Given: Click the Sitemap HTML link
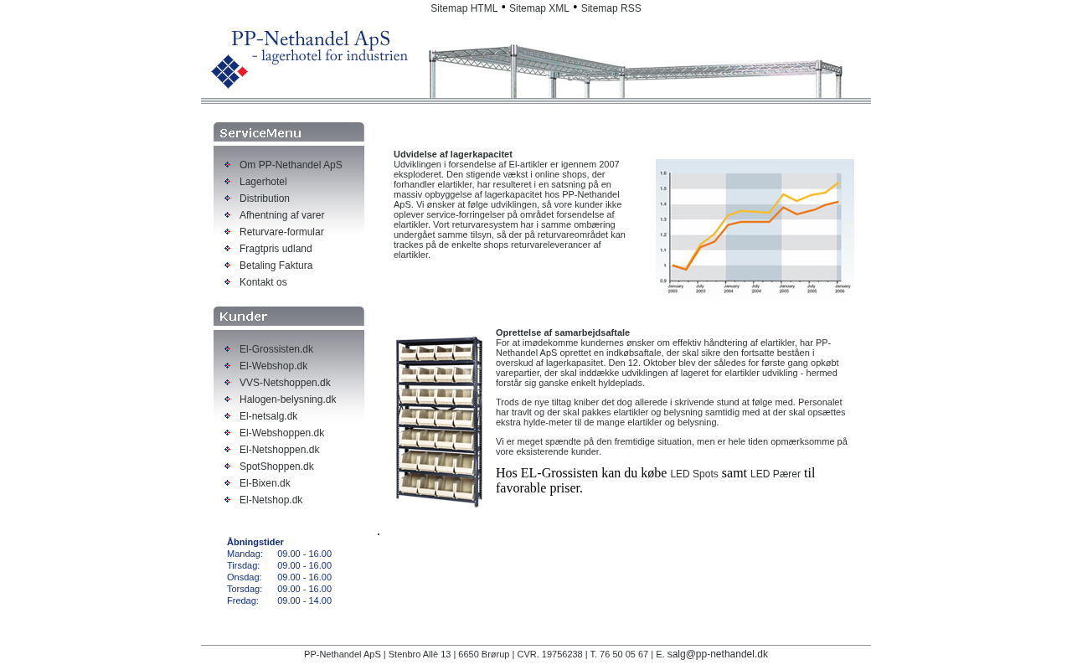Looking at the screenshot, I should [464, 8].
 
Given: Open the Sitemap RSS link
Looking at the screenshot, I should [611, 8].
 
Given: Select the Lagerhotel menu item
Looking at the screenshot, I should [263, 182].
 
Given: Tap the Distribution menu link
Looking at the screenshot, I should [265, 198].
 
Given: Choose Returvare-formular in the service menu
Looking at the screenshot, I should [281, 232].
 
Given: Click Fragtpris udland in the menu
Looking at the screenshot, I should [276, 249].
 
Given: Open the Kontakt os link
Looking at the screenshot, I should [263, 282].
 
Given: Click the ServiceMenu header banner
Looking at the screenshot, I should [289, 132].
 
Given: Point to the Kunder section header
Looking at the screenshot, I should [289, 317].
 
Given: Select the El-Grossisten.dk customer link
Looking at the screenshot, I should [276, 349].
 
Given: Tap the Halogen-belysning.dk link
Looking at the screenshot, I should [287, 399].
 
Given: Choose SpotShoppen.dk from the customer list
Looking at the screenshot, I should [276, 466].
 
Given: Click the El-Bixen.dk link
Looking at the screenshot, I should [265, 483].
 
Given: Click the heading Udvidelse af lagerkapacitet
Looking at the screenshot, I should [453, 154].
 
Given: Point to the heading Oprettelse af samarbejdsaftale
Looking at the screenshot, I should [563, 332].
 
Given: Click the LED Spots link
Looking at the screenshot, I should [694, 474].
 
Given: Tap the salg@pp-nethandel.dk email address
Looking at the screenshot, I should [717, 654].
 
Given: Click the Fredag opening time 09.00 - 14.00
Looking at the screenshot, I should [304, 600].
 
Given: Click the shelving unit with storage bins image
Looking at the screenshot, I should [439, 422].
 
